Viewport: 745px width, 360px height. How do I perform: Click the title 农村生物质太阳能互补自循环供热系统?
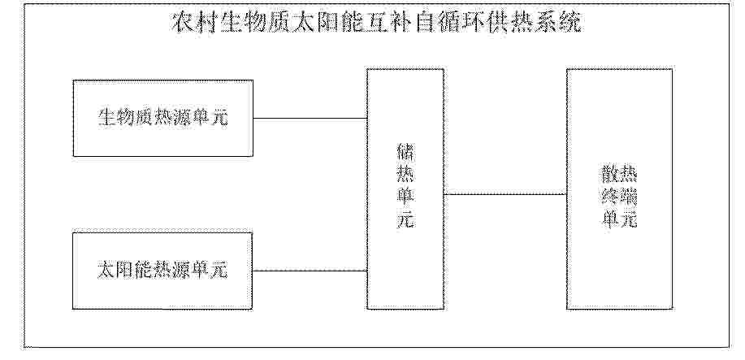[x=376, y=23]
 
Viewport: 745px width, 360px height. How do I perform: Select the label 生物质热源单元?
[x=163, y=118]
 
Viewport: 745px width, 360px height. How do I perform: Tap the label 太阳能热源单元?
[x=162, y=270]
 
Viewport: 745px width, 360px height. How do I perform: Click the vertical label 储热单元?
[x=405, y=187]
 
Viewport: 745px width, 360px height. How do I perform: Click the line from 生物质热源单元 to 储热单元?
[x=310, y=118]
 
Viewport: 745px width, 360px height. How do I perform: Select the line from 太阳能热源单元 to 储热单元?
[x=310, y=271]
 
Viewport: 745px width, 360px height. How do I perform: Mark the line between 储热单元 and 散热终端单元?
[x=505, y=194]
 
